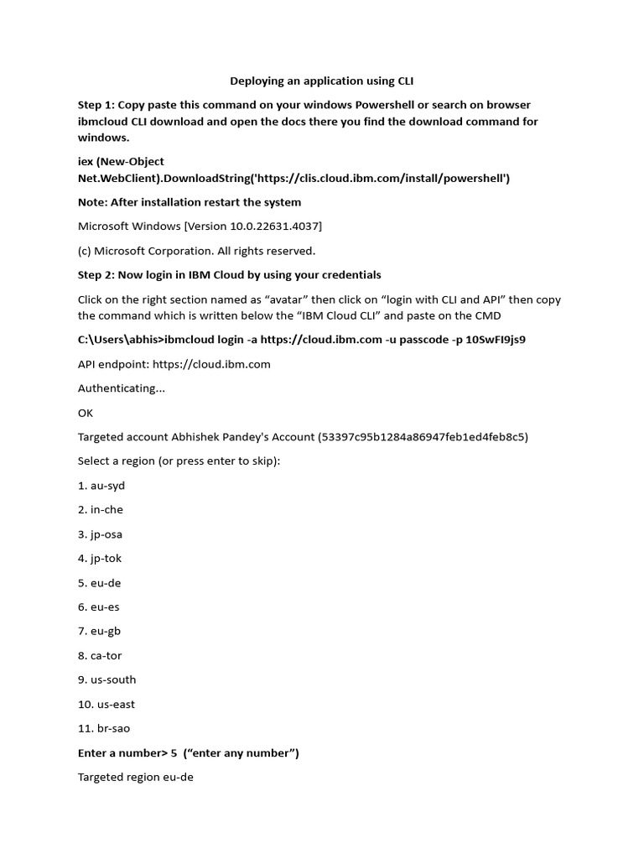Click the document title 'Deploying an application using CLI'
322,81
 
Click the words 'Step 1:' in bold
96,105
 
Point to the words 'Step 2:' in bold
96,275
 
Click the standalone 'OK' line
86,413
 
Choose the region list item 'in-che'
106,510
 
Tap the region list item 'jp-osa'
106,534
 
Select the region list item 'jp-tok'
106,559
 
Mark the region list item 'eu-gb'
106,631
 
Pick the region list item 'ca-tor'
106,655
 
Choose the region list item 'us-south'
113,679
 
